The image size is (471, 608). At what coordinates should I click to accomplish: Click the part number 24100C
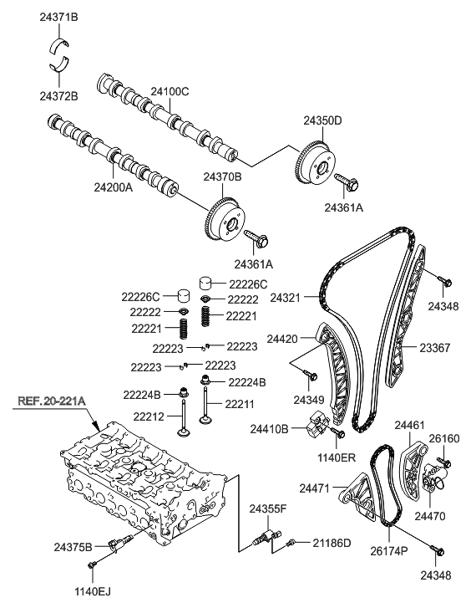[x=170, y=91]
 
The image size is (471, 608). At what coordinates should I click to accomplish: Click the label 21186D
[x=332, y=544]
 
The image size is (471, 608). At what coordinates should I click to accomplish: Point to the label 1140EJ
[x=93, y=591]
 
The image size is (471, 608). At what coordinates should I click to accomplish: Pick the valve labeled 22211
[x=205, y=411]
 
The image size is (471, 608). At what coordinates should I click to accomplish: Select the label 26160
[x=444, y=437]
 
